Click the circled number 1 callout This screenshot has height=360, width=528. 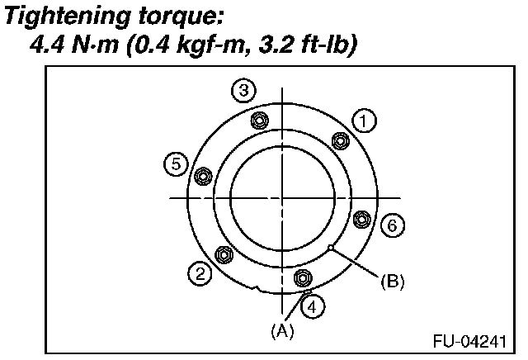pyautogui.click(x=363, y=121)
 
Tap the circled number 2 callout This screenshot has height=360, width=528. pyautogui.click(x=197, y=273)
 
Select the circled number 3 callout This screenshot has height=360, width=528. pyautogui.click(x=242, y=90)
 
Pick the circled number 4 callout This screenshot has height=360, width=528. pyautogui.click(x=312, y=307)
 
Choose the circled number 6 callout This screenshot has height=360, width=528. pyautogui.click(x=393, y=224)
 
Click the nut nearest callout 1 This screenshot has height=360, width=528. pyautogui.click(x=339, y=140)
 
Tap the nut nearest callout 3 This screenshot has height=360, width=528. pyautogui.click(x=258, y=121)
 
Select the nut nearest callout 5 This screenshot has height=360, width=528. pyautogui.click(x=201, y=175)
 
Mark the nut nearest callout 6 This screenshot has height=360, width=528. pyautogui.click(x=361, y=219)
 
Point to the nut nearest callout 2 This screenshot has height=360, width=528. pyautogui.click(x=222, y=254)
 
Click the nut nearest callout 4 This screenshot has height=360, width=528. pyautogui.click(x=301, y=277)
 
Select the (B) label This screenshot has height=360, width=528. pyautogui.click(x=392, y=281)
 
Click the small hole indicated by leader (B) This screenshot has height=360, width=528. pyautogui.click(x=329, y=247)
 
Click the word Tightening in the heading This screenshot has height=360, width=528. pyautogui.click(x=61, y=16)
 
